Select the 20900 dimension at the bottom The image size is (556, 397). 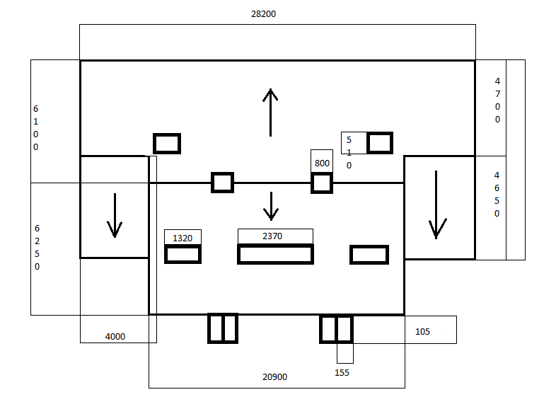(x=274, y=377)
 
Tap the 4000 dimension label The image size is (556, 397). (x=115, y=337)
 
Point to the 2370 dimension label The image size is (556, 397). (x=272, y=236)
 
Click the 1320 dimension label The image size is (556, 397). (x=183, y=238)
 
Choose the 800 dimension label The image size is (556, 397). (x=322, y=163)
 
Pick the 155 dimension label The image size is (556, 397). (x=342, y=373)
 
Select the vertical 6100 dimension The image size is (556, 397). (x=35, y=128)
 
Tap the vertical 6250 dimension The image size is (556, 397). (x=37, y=248)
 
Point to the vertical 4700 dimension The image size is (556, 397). (x=497, y=100)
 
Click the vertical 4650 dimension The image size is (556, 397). (x=497, y=194)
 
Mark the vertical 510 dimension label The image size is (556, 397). (x=349, y=153)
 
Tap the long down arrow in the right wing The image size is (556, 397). (x=436, y=205)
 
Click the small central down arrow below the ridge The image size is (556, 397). (x=270, y=205)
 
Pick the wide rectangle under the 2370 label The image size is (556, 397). (x=275, y=254)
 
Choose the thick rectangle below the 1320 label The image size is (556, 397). (x=183, y=254)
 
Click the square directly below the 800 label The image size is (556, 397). (x=322, y=183)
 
